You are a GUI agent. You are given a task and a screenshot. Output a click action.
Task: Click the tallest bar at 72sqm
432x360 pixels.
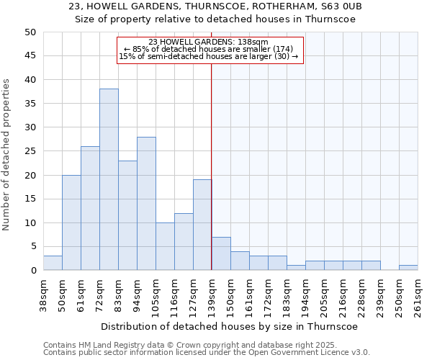click(x=109, y=179)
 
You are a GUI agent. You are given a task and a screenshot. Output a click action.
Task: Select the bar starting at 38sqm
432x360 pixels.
click(x=53, y=263)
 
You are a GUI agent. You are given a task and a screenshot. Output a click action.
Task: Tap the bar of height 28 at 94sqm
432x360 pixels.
click(x=146, y=203)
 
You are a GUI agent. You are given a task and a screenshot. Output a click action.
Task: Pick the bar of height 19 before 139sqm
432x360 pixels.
click(x=202, y=225)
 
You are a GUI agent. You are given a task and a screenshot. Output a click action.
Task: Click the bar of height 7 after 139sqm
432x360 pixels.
click(x=221, y=253)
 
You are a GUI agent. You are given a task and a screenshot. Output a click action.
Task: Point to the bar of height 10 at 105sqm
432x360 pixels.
click(x=165, y=246)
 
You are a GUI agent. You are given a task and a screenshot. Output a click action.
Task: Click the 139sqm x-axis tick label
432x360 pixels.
click(x=212, y=296)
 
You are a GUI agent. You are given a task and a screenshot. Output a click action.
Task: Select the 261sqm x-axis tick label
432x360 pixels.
click(x=418, y=296)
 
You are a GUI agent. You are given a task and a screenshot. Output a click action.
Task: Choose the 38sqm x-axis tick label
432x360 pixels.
click(x=43, y=296)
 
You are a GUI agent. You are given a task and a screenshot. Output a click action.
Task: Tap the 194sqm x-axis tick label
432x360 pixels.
click(x=305, y=296)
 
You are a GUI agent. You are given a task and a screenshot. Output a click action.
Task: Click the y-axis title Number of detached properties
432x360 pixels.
click(x=7, y=155)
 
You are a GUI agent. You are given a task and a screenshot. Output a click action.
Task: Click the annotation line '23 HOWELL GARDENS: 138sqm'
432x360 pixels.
click(x=208, y=42)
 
